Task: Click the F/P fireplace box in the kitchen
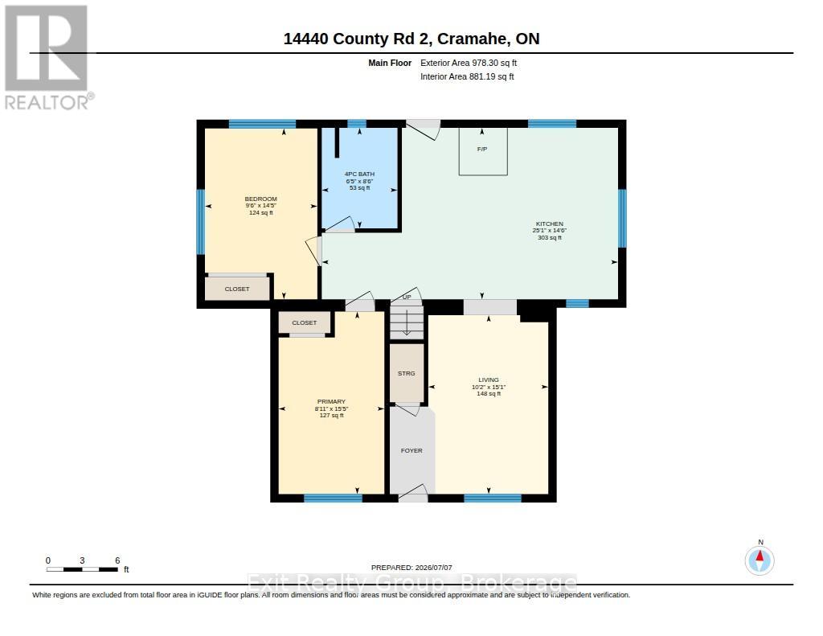[x=483, y=151]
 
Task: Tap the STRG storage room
[x=406, y=373]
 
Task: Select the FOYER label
[x=411, y=450]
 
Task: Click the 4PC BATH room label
[x=359, y=174]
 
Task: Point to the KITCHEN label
[x=550, y=224]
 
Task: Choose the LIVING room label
[x=489, y=380]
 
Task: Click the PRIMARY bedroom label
[x=331, y=402]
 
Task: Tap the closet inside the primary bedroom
[x=305, y=322]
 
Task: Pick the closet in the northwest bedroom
[x=237, y=289]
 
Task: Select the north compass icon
[x=760, y=560]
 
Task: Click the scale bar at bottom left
[x=82, y=569]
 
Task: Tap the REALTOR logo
[x=48, y=57]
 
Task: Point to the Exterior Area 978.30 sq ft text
[x=469, y=63]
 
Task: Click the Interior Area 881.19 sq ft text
[x=467, y=76]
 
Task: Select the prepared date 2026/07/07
[x=411, y=567]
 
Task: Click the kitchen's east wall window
[x=622, y=218]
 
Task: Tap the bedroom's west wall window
[x=200, y=222]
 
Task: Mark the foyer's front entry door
[x=413, y=494]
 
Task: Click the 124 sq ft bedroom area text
[x=261, y=213]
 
